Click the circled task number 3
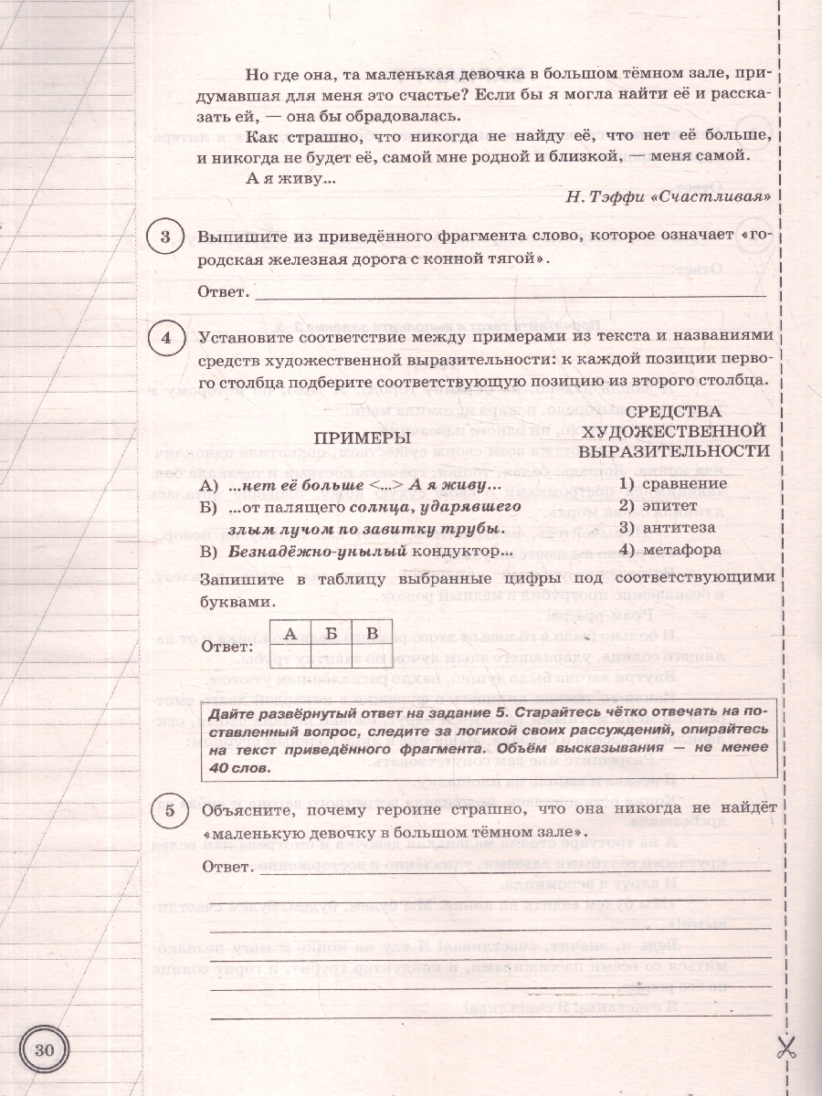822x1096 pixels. [x=166, y=239]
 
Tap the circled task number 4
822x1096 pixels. [x=166, y=338]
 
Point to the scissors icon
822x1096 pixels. [x=784, y=1049]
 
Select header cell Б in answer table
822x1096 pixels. [x=332, y=632]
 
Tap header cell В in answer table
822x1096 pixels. [x=371, y=632]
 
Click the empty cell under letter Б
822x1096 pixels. [x=332, y=649]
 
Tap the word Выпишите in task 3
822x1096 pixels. [x=238, y=237]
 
